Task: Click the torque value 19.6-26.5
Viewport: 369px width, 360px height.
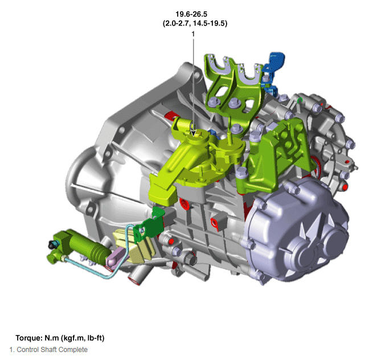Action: click(191, 14)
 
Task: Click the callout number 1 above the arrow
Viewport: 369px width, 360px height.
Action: click(193, 34)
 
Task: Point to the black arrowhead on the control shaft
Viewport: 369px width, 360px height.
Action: click(193, 133)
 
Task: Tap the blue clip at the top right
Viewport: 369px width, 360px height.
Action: click(273, 71)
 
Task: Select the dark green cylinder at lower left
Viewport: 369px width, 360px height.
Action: click(80, 246)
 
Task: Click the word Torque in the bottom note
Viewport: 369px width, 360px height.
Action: click(29, 338)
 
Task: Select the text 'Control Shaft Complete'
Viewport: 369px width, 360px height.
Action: click(52, 350)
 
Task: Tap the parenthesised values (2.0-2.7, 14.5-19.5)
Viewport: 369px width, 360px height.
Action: click(195, 23)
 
